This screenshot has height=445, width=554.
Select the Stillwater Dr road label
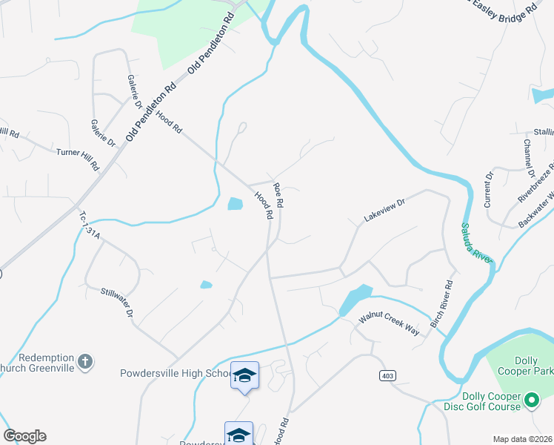(117, 303)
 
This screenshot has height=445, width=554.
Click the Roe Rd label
(278, 195)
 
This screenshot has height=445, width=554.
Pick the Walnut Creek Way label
(390, 324)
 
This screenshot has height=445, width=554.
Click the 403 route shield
(387, 376)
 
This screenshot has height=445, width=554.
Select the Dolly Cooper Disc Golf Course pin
(531, 401)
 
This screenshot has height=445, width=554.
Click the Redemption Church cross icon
(86, 362)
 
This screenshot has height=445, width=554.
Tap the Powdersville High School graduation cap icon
(244, 375)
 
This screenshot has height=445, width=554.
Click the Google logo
(24, 436)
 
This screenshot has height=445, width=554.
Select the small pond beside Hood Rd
(235, 203)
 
